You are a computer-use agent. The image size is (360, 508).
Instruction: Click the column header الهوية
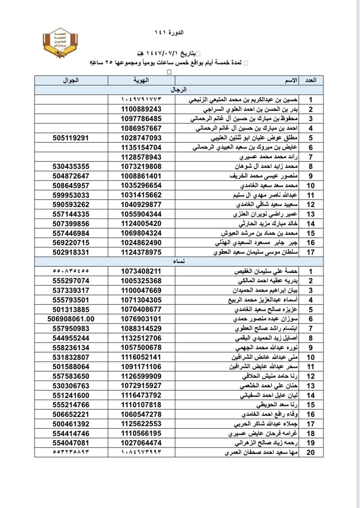141,81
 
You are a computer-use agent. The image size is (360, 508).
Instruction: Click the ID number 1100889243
141,110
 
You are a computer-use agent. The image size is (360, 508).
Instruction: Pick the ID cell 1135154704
141,147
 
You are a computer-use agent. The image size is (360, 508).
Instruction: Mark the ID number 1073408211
141,271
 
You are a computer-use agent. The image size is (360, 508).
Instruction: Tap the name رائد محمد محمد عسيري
272,157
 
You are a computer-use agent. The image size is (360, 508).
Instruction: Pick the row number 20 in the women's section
311,452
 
